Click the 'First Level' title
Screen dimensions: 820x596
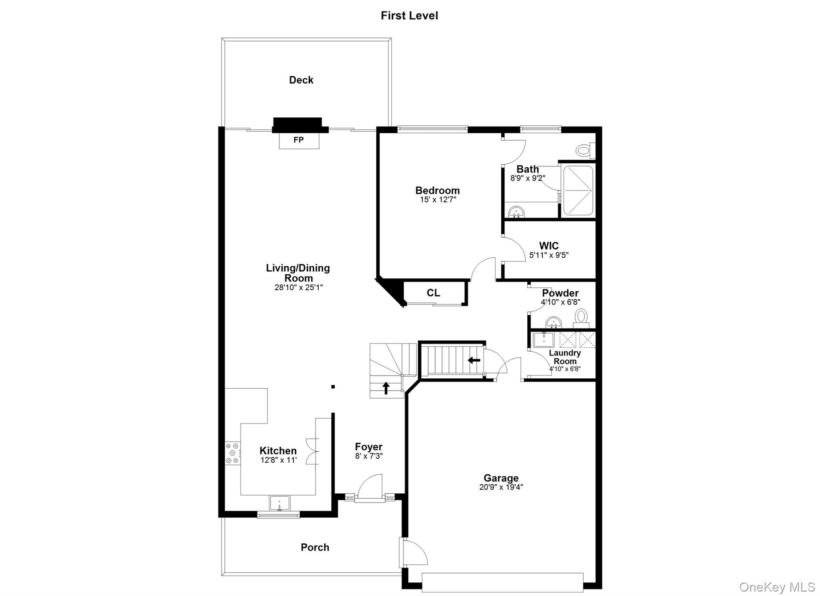tap(409, 16)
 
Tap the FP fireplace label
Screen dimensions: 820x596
tap(299, 140)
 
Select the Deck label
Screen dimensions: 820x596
tap(301, 80)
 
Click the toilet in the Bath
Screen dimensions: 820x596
tap(585, 151)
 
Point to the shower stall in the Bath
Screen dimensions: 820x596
tap(578, 191)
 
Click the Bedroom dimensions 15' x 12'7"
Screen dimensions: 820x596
tap(438, 199)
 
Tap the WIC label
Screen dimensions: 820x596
tap(549, 246)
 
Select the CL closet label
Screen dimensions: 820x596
tap(433, 293)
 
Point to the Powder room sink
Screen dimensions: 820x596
tap(554, 322)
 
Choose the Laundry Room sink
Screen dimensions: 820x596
tap(544, 340)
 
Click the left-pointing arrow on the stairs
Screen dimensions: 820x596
tap(474, 360)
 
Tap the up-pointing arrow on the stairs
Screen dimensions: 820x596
tap(386, 388)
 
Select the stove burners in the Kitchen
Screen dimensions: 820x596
tap(233, 453)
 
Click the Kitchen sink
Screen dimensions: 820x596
tap(279, 503)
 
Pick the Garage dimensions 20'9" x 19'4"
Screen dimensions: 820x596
tap(501, 487)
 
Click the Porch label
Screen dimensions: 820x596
tap(315, 547)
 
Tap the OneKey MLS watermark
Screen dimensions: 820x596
tap(777, 587)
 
